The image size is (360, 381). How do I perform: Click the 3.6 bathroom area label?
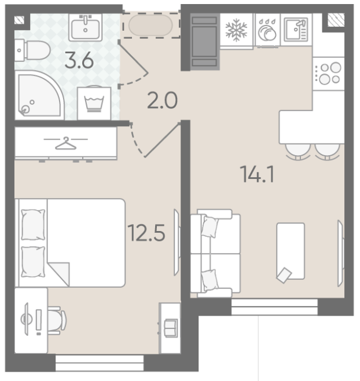point(79,61)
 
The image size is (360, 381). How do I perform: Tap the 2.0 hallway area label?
point(162,101)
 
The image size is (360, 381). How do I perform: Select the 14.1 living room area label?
point(257,174)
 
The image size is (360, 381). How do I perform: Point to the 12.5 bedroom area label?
point(146,233)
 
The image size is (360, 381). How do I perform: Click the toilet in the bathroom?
point(32,50)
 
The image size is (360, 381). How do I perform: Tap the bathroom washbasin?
point(85,27)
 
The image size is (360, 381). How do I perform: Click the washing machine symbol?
point(94,104)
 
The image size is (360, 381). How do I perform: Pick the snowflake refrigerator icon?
point(236,30)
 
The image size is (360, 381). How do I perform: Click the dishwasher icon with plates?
point(267,30)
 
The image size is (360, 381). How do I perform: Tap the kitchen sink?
point(296,30)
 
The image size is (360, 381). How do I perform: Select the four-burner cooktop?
point(328,74)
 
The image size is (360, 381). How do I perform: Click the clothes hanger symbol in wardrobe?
point(65,143)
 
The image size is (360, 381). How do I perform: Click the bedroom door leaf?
point(162,140)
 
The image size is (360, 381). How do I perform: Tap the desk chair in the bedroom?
point(57,320)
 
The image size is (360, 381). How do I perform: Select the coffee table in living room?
point(291,251)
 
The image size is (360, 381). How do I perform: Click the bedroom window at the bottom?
point(100,363)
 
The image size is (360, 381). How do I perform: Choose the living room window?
point(274,307)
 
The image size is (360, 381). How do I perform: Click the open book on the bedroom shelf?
point(171,328)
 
